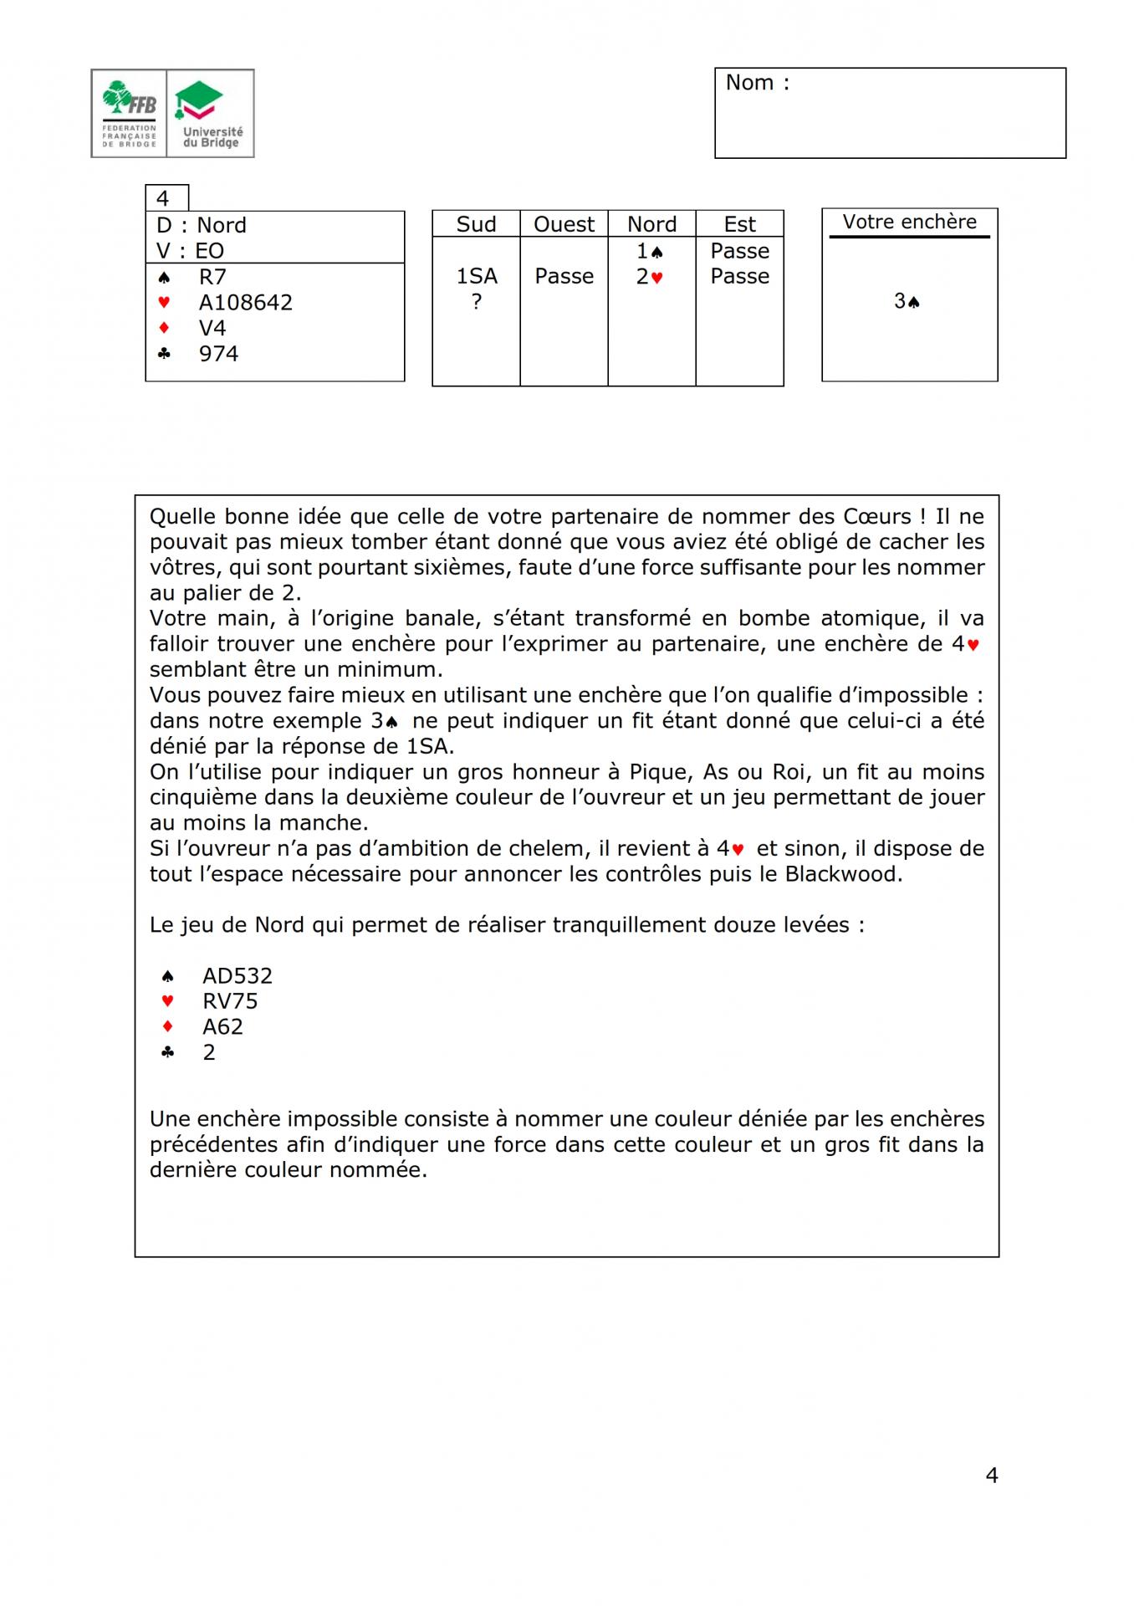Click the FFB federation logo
click(x=130, y=114)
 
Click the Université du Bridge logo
click(x=211, y=114)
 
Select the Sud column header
click(x=476, y=224)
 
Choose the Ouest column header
click(x=564, y=224)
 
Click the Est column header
click(x=739, y=224)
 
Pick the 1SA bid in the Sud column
click(x=477, y=276)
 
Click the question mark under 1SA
click(x=477, y=301)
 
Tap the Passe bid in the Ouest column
click(x=564, y=276)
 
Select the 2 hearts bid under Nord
click(x=650, y=276)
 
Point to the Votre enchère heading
click(x=909, y=222)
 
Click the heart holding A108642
click(x=245, y=302)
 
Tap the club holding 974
click(x=218, y=354)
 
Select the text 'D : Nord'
click(x=201, y=225)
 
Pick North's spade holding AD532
click(x=237, y=976)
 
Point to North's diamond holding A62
click(x=222, y=1027)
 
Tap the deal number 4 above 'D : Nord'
click(x=163, y=198)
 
